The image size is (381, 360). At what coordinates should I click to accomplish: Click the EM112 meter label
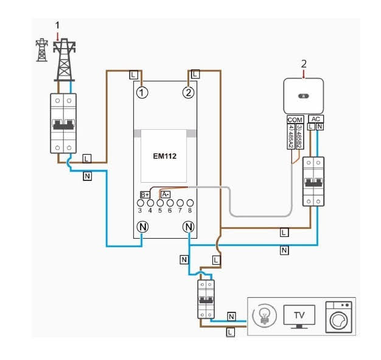click(x=164, y=156)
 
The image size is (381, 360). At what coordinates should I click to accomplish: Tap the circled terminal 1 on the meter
click(x=142, y=93)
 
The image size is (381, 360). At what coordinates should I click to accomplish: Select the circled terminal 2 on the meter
click(x=188, y=93)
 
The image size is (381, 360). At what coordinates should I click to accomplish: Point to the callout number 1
click(x=58, y=25)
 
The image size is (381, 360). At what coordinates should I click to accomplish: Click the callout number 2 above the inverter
click(x=304, y=63)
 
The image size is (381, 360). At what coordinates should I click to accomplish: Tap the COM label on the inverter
click(x=295, y=119)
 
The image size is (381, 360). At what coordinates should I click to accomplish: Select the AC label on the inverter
click(x=315, y=119)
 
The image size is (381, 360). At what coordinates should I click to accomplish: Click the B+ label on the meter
click(x=145, y=194)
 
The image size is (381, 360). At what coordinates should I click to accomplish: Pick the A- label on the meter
click(x=166, y=194)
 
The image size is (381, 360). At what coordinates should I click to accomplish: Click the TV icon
click(x=299, y=317)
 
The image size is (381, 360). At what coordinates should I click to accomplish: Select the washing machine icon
click(x=338, y=317)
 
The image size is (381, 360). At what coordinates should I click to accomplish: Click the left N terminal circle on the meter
click(x=142, y=227)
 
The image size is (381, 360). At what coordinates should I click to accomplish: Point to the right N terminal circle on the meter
click(x=188, y=227)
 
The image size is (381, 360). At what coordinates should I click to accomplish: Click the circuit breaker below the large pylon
click(x=64, y=124)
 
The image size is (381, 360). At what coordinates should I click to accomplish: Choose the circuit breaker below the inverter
click(x=314, y=181)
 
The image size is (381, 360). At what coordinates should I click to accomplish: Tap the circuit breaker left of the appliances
click(x=206, y=299)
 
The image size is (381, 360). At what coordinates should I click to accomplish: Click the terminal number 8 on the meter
click(x=190, y=210)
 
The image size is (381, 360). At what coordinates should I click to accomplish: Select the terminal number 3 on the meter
click(x=140, y=210)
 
